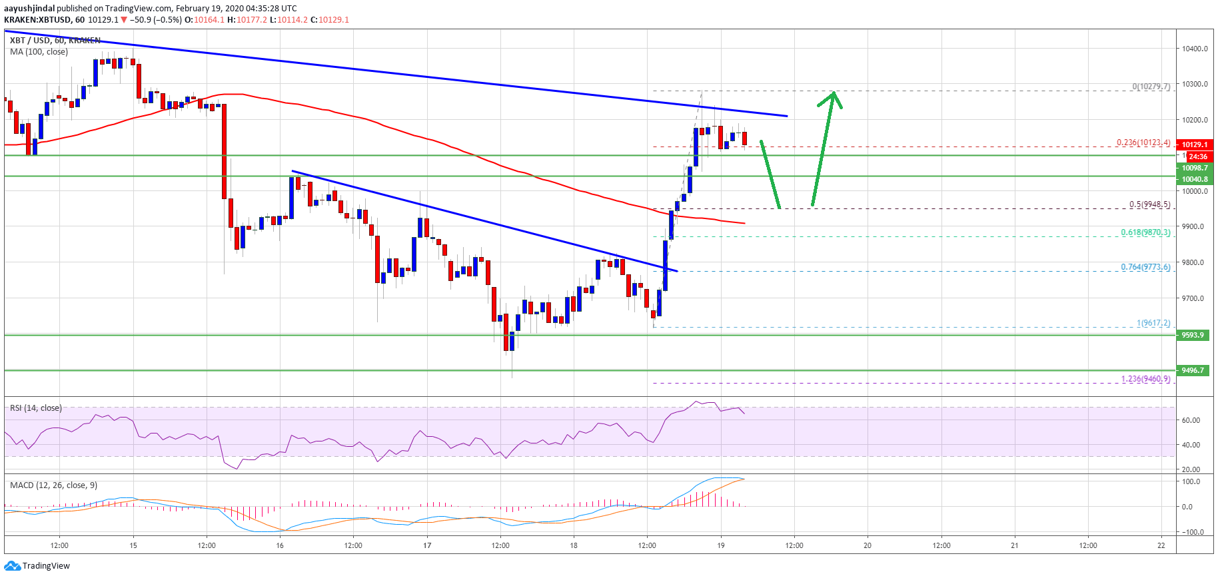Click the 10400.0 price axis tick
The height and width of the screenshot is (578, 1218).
click(x=1195, y=49)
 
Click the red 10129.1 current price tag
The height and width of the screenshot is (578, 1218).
click(x=1194, y=144)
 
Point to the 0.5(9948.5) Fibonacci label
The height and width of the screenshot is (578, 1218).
click(x=1149, y=204)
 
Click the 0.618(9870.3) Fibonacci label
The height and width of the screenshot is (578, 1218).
click(x=1145, y=232)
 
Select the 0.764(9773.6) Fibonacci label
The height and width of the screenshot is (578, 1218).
click(x=1145, y=267)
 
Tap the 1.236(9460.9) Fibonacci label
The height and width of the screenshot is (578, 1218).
click(x=1145, y=379)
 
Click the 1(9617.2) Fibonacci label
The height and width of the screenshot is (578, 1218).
click(x=1153, y=323)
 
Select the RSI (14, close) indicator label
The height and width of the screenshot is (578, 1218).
click(x=35, y=408)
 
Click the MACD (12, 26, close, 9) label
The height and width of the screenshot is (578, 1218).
click(x=53, y=485)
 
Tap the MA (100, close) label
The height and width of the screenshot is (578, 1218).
click(x=39, y=52)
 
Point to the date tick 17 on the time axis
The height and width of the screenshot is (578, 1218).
click(x=427, y=545)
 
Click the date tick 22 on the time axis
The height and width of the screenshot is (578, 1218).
click(x=1161, y=545)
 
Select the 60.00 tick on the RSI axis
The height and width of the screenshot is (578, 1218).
click(x=1191, y=420)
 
